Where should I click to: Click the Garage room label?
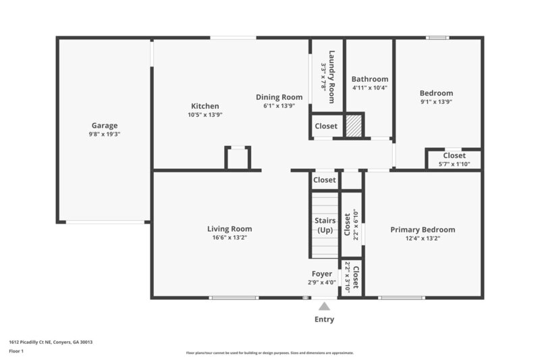click(105, 125)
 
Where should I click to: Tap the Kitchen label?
click(205, 106)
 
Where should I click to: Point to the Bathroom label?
click(370, 79)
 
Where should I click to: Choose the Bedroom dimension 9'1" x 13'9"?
click(436, 102)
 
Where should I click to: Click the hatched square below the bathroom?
click(354, 126)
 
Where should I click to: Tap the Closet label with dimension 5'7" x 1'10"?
click(454, 155)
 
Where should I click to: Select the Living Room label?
click(230, 229)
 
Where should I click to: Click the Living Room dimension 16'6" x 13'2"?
click(230, 238)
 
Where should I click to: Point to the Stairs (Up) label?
click(325, 225)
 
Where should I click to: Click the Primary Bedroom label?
click(423, 230)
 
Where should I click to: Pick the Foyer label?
click(321, 274)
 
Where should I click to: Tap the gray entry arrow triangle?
click(325, 307)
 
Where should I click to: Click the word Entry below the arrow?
click(324, 319)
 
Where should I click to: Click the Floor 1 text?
click(16, 351)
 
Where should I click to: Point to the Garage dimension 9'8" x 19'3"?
click(105, 134)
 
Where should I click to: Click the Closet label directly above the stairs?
click(325, 180)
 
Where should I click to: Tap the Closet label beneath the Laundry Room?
click(326, 126)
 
